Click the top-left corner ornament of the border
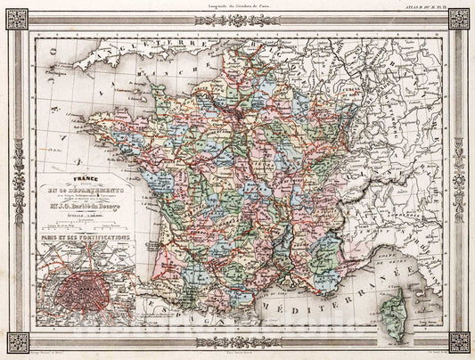(x=16, y=18)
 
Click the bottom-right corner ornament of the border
(x=459, y=341)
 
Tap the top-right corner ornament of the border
(x=459, y=18)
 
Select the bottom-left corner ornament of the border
(x=16, y=341)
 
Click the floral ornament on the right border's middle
(x=459, y=178)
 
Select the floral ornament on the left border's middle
(x=16, y=178)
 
